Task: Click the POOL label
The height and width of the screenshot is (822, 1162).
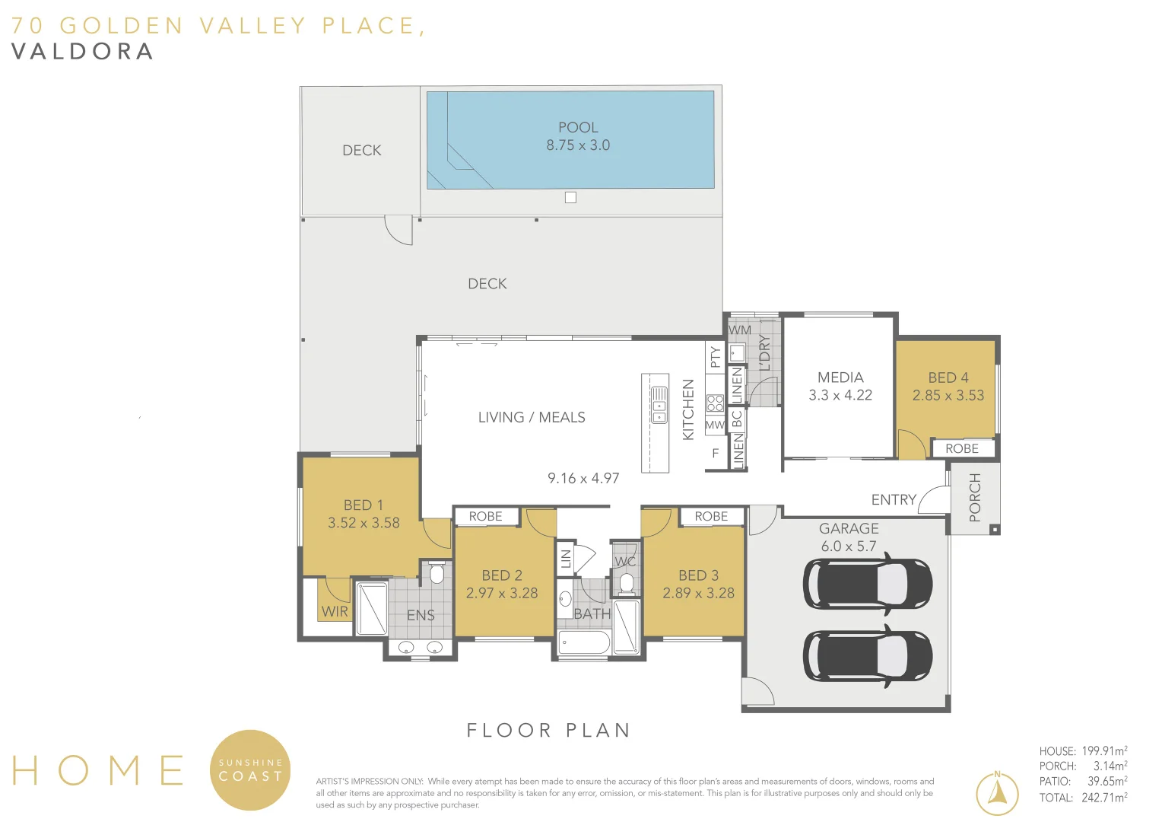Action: [578, 127]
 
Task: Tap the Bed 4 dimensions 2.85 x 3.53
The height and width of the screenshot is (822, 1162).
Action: [948, 395]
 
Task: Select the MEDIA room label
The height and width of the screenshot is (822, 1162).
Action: [840, 378]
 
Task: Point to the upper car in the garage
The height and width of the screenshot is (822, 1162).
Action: [868, 584]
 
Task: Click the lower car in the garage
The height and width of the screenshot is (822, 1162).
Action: [868, 656]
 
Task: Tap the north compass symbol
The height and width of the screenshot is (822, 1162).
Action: [997, 794]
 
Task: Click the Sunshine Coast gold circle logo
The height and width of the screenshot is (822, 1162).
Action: [250, 770]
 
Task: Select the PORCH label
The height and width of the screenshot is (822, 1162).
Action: [975, 498]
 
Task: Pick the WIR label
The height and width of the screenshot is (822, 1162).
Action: [335, 612]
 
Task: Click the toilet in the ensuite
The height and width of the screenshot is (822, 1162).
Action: [437, 573]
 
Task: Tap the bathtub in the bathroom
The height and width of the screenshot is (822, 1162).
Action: [583, 643]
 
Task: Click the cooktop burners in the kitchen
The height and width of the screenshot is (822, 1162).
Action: [715, 403]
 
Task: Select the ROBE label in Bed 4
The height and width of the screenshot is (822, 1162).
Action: [962, 448]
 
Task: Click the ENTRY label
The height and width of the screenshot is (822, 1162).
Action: [894, 499]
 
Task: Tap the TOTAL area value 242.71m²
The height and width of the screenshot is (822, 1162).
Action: [1104, 797]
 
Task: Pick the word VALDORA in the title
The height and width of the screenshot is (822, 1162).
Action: [82, 52]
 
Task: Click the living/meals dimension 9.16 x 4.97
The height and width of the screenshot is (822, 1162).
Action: [583, 478]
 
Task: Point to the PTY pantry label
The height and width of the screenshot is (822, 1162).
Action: [716, 357]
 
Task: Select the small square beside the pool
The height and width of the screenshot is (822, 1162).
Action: [570, 197]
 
